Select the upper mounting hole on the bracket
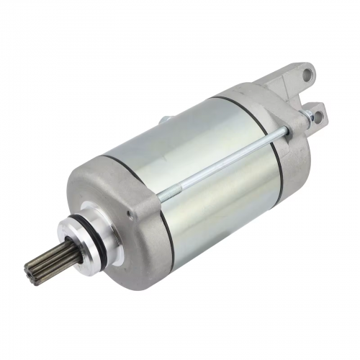[x=307, y=73]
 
